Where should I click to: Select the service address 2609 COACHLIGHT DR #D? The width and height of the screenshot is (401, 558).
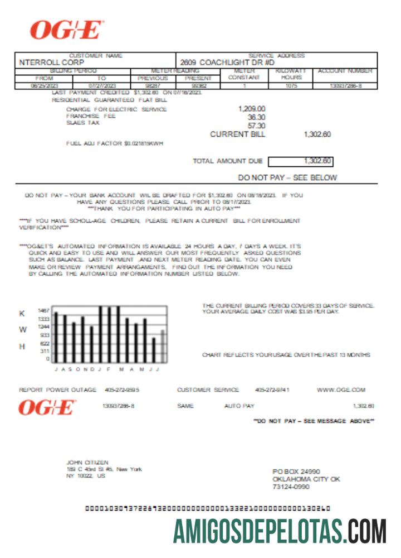[x=227, y=63]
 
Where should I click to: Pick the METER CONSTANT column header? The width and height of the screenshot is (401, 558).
[x=244, y=74]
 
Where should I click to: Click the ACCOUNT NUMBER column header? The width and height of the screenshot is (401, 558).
[x=345, y=71]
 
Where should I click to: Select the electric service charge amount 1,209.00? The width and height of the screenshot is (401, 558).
[x=252, y=109]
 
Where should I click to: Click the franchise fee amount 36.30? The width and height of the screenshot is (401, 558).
[x=256, y=117]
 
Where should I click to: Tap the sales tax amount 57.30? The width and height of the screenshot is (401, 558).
[x=256, y=126]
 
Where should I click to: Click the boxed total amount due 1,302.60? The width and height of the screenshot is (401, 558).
[x=317, y=161]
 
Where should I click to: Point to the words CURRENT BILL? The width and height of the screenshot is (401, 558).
[x=238, y=134]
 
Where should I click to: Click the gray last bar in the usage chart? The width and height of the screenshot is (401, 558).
[x=163, y=347]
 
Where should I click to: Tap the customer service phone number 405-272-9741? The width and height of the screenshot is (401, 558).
[x=272, y=389]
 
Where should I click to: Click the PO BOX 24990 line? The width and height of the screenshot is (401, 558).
[x=296, y=472]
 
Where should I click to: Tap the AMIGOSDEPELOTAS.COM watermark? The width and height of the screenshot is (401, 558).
[x=280, y=531]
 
